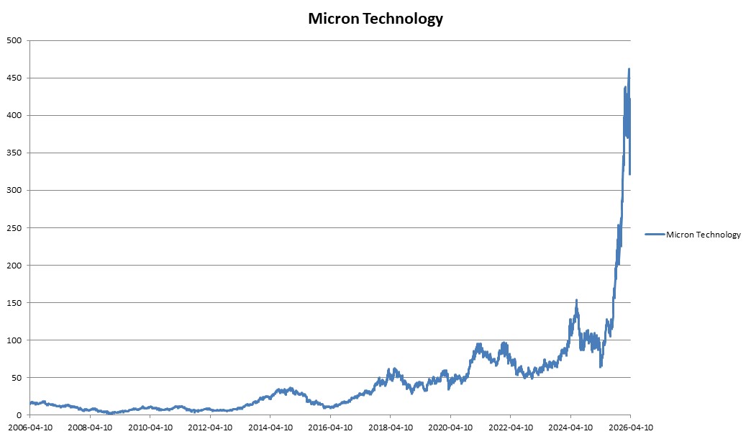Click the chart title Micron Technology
[x=375, y=19]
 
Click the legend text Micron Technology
[x=703, y=234]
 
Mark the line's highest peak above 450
[x=629, y=69]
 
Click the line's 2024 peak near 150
[x=576, y=300]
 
